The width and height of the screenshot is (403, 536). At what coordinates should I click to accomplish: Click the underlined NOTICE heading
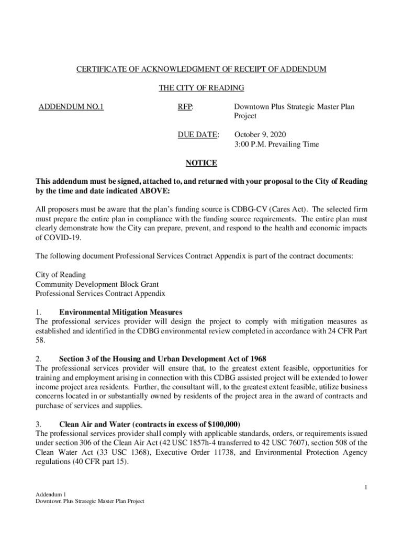tap(201, 163)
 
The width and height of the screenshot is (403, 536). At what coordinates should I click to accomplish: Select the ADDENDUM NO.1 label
tap(71, 107)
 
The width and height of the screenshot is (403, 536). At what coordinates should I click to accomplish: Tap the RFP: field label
tap(185, 107)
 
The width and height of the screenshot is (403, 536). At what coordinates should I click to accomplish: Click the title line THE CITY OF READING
tap(201, 88)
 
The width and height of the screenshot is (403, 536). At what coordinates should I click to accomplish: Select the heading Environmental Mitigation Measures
tap(121, 312)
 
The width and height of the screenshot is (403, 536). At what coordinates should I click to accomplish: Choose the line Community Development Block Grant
tap(89, 284)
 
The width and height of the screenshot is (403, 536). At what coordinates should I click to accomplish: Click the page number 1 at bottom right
tap(366, 488)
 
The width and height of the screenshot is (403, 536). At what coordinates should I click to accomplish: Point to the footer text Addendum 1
tap(50, 494)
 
